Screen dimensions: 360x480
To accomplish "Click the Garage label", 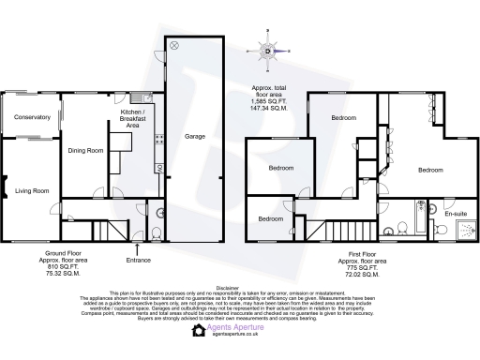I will [194, 135].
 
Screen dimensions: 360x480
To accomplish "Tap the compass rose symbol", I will [268, 52].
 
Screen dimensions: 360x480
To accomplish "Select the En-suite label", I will [455, 215].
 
